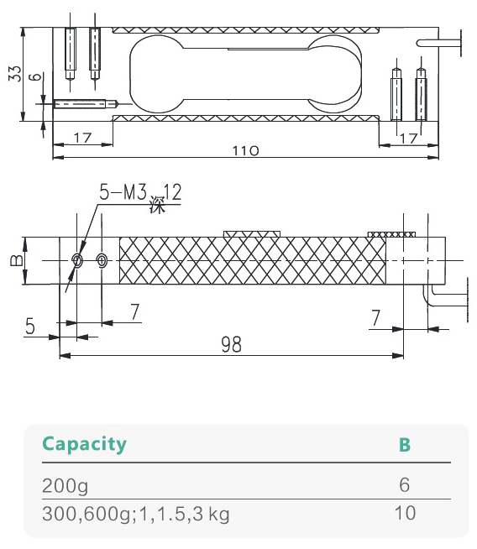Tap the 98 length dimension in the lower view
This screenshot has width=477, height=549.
pyautogui.click(x=231, y=343)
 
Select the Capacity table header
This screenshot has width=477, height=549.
pyautogui.click(x=84, y=444)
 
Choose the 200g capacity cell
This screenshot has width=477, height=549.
pyautogui.click(x=65, y=486)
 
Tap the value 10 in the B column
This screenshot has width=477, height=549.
pyautogui.click(x=405, y=512)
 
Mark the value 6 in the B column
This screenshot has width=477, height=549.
pyautogui.click(x=405, y=486)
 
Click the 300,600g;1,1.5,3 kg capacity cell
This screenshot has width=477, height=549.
pyautogui.click(x=135, y=513)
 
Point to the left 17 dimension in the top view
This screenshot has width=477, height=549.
pyautogui.click(x=82, y=137)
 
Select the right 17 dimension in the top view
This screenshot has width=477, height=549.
pyautogui.click(x=409, y=137)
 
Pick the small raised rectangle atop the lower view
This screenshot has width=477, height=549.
pyautogui.click(x=251, y=233)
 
